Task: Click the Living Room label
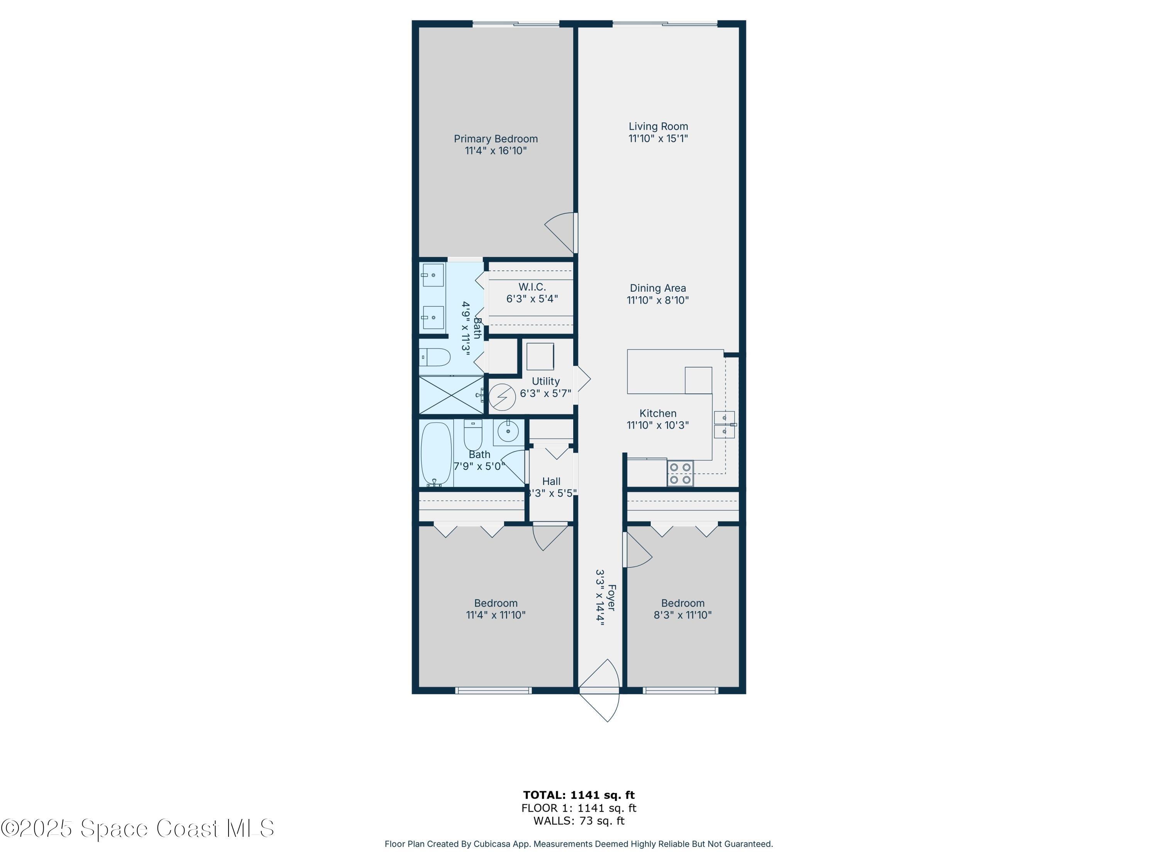[658, 127]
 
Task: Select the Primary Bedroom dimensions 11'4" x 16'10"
[495, 151]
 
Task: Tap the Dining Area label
[657, 288]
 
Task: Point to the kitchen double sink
[724, 424]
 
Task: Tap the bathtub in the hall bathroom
[436, 454]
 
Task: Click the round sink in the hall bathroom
[508, 432]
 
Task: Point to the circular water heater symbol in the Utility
[503, 397]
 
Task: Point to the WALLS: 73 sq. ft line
[579, 821]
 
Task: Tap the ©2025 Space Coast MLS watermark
[137, 828]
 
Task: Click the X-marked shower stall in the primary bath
[452, 395]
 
